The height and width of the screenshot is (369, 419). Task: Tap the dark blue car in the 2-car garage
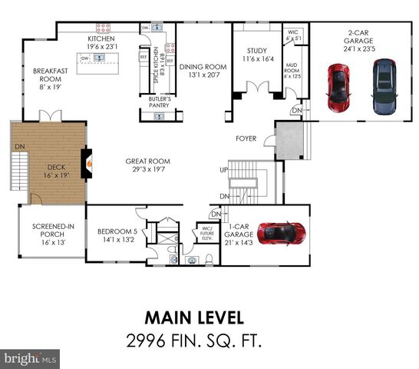tap(383, 86)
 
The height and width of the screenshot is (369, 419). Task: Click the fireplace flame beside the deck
tap(90, 162)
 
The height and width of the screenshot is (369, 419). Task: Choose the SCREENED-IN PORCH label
tap(48, 231)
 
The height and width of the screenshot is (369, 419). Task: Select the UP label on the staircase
tap(224, 169)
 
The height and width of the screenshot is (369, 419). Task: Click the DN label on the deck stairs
tap(20, 146)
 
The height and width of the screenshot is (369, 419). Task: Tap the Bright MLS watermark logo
tap(31, 358)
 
